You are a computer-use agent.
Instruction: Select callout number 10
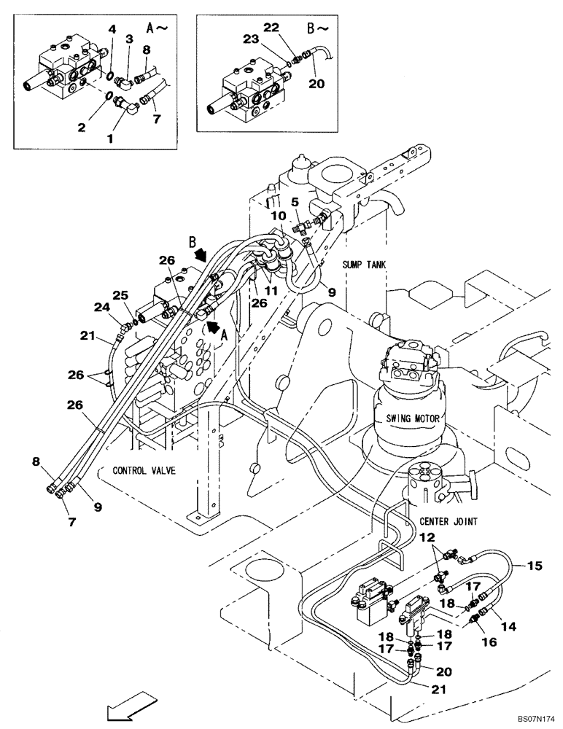coord(279,217)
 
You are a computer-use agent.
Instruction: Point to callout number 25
coord(120,295)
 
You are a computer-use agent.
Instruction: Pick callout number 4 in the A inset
coord(112,30)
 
